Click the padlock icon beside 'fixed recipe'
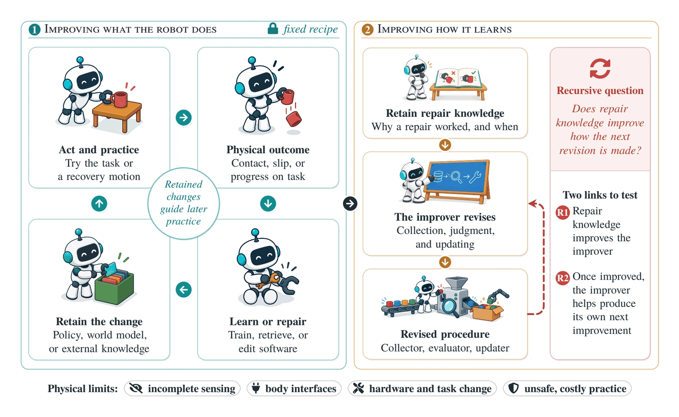[x=273, y=28]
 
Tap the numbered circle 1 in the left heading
[x=34, y=30]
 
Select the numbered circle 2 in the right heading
[x=368, y=30]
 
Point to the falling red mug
[x=293, y=118]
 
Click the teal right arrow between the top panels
[x=184, y=117]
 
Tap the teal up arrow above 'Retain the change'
[x=99, y=203]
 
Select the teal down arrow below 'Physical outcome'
[x=268, y=203]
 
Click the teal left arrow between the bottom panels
[x=184, y=290]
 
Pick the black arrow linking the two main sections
[x=350, y=203]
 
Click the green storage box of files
[x=114, y=287]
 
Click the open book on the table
[x=458, y=77]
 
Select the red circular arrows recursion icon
[x=600, y=68]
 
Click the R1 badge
[x=563, y=212]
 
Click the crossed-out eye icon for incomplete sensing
[x=136, y=389]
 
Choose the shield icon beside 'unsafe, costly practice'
[x=513, y=388]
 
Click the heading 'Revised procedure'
[x=445, y=334]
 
